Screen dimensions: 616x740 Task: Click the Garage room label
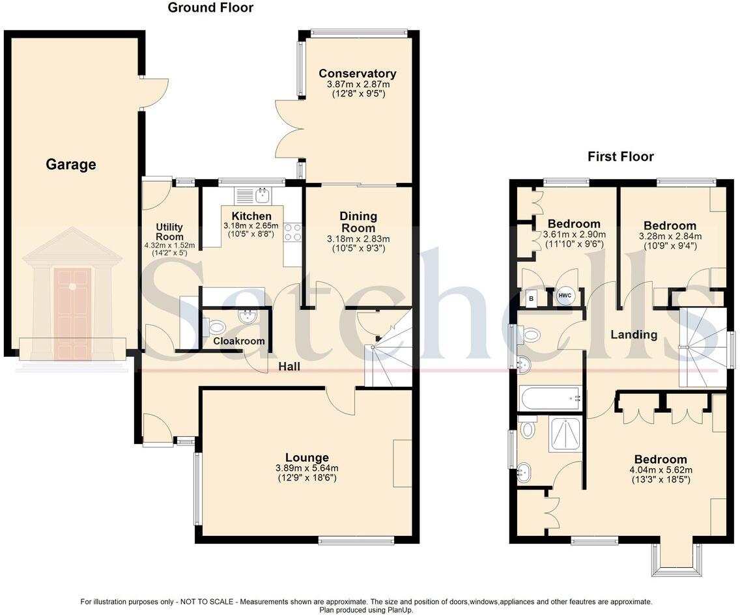pos(70,165)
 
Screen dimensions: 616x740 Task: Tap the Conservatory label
pos(357,74)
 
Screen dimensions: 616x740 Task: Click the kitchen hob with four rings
pos(292,232)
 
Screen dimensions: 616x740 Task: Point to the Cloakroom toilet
pos(216,327)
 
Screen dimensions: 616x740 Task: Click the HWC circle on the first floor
pos(564,296)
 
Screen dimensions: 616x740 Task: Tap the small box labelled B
pos(532,298)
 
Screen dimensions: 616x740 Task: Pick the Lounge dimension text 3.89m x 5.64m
pos(306,468)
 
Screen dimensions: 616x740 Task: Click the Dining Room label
pos(358,222)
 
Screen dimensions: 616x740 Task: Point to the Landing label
pos(633,335)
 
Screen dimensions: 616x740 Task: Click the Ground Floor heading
pos(210,8)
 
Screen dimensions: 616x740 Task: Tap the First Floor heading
pos(620,156)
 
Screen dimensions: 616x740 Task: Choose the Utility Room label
pos(169,232)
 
